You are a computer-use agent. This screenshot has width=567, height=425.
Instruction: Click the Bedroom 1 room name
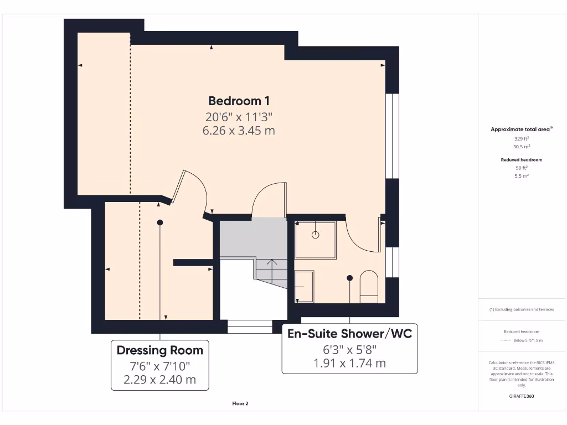(239, 101)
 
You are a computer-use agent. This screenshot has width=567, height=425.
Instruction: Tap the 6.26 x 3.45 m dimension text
(239, 131)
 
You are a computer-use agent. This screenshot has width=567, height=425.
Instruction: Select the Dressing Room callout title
(159, 350)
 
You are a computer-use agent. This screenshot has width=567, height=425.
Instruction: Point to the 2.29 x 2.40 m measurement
(159, 380)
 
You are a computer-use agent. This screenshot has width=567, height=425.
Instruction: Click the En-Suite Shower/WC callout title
(349, 334)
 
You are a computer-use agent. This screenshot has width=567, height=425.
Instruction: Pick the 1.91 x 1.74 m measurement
(349, 364)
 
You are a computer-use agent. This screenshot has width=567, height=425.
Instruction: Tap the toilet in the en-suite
(369, 287)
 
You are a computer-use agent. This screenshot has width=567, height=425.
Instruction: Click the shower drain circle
(316, 235)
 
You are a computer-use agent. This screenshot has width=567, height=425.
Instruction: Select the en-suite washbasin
(304, 286)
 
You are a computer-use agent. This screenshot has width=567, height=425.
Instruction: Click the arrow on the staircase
(272, 262)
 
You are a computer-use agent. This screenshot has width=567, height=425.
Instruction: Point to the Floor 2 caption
(240, 403)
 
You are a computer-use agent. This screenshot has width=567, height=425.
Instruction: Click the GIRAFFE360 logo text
(520, 396)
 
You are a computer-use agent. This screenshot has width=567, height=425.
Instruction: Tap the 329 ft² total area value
(520, 139)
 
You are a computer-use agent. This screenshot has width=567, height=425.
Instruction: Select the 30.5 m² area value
(520, 147)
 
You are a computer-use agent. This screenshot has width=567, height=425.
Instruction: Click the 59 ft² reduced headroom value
(521, 168)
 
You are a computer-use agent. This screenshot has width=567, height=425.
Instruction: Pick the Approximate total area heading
(520, 129)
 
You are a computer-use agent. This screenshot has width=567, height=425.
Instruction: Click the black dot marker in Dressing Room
(160, 222)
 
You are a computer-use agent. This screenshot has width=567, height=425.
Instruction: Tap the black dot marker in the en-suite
(349, 278)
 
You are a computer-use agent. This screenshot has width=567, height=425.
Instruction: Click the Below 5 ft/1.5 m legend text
(528, 340)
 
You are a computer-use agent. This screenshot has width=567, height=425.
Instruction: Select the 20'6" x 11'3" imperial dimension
(239, 117)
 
